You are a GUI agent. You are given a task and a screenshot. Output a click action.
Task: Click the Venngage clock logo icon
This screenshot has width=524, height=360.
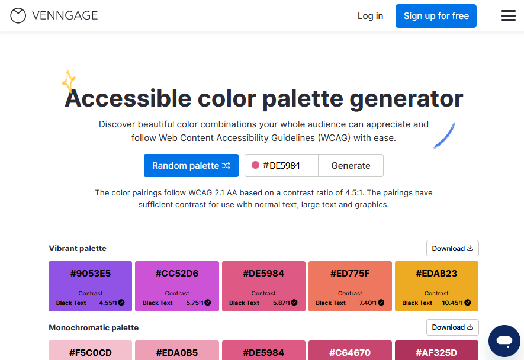click(18, 16)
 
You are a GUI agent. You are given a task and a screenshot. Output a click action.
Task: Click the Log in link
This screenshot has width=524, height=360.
click(370, 16)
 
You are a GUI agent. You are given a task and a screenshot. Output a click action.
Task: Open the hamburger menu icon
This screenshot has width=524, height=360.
click(508, 15)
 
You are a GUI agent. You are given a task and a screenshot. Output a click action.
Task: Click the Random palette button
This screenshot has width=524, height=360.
click(191, 165)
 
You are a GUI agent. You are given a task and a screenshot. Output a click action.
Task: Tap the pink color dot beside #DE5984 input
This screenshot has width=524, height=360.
click(255, 165)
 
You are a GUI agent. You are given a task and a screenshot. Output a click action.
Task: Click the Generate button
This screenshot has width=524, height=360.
click(351, 165)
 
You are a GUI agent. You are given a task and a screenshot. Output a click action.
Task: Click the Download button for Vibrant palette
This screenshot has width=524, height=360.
click(452, 248)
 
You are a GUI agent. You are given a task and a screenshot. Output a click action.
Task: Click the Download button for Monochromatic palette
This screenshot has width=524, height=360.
click(452, 327)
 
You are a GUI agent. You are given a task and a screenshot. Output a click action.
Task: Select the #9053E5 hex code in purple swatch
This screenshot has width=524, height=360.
click(90, 274)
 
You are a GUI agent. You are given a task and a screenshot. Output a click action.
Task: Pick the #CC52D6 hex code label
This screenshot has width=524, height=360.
click(177, 274)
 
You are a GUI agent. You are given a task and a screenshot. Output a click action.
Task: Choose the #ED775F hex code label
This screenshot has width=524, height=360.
click(351, 274)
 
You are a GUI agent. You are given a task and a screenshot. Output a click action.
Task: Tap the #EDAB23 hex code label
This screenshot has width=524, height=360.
click(436, 274)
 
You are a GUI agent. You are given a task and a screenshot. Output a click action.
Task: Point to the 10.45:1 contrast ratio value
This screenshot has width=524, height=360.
click(452, 303)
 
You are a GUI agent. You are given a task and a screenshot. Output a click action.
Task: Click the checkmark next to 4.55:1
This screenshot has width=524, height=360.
click(121, 303)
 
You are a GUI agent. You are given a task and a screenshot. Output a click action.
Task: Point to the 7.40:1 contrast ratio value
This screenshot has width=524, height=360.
click(368, 303)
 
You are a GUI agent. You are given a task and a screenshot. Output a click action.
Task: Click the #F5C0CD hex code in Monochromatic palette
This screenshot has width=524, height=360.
click(90, 353)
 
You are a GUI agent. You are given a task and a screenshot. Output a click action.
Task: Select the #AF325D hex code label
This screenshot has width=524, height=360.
click(436, 353)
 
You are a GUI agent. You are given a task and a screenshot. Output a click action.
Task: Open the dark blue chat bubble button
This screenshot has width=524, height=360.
click(504, 341)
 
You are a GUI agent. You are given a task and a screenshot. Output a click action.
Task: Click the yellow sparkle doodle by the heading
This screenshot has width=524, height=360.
click(69, 81)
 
